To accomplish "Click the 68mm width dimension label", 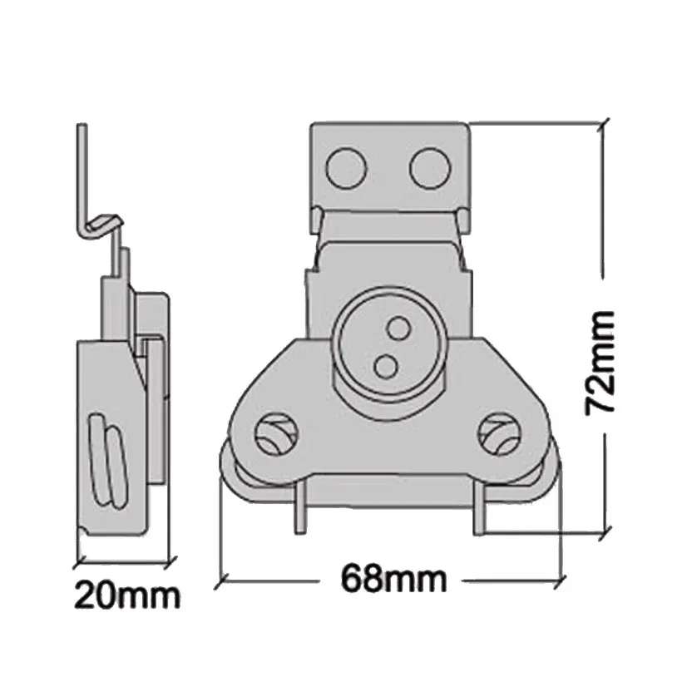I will [x=393, y=578].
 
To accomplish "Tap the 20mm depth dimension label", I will [x=126, y=596].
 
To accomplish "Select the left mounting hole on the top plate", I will [x=346, y=168].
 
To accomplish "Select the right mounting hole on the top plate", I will [x=429, y=167].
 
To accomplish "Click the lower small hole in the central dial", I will [x=385, y=364].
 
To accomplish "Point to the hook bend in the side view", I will [x=103, y=223].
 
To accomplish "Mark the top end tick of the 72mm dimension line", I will [x=604, y=124].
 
